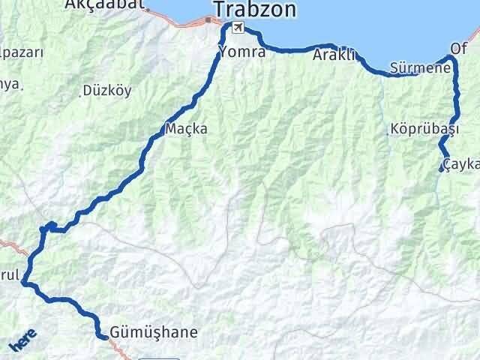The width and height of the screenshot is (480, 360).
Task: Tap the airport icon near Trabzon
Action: pyautogui.click(x=238, y=28)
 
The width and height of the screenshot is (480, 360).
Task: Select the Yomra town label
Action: pyautogui.click(x=241, y=52)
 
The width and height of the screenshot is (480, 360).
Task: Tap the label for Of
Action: pyautogui.click(x=458, y=48)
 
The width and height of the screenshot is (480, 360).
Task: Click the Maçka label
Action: pyautogui.click(x=188, y=129)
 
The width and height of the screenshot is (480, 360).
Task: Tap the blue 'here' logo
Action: pyautogui.click(x=22, y=341)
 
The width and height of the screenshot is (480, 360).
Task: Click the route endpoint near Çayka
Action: pyautogui.click(x=441, y=169)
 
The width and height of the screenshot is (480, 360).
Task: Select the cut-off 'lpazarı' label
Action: pyautogui.click(x=22, y=53)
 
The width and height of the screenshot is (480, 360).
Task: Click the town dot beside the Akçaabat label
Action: pyautogui.click(x=148, y=10)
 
